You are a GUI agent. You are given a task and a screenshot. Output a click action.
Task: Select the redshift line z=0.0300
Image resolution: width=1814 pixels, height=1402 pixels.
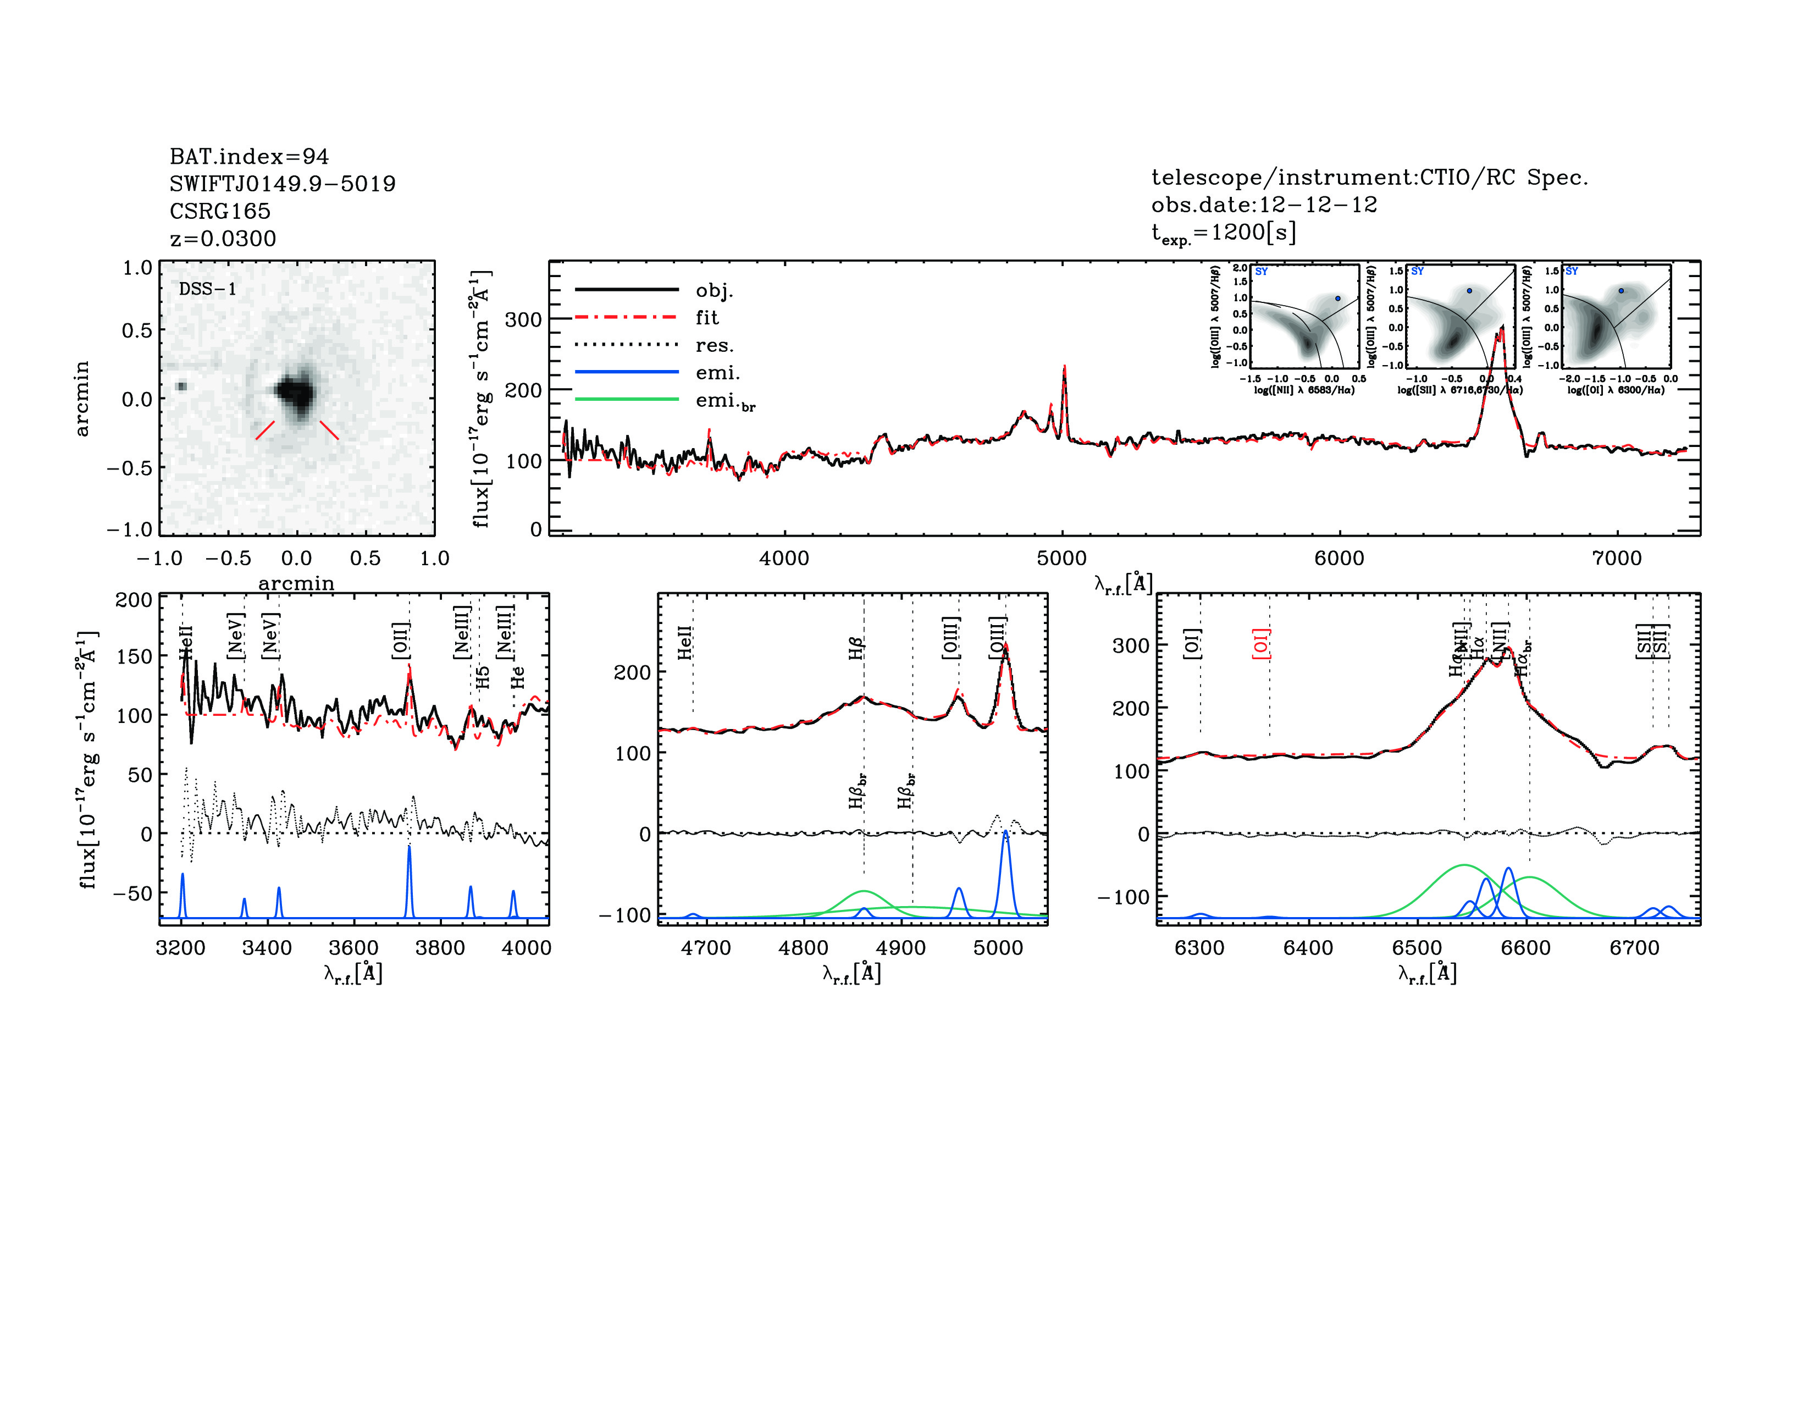pyautogui.click(x=223, y=239)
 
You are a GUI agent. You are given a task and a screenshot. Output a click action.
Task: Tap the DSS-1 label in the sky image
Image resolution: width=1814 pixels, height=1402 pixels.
pyautogui.click(x=208, y=289)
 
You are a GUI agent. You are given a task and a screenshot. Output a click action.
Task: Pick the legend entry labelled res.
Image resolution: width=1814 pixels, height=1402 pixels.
pyautogui.click(x=714, y=345)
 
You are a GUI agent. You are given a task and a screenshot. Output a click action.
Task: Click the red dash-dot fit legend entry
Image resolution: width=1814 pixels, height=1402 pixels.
pyautogui.click(x=707, y=317)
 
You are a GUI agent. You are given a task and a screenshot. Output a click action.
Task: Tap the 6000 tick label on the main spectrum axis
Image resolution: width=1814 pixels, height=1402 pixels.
pyautogui.click(x=1339, y=558)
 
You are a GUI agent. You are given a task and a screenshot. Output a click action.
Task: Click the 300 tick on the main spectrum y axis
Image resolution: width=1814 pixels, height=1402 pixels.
pyautogui.click(x=523, y=320)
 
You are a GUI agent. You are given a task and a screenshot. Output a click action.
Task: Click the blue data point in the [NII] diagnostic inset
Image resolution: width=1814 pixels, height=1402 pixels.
pyautogui.click(x=1337, y=298)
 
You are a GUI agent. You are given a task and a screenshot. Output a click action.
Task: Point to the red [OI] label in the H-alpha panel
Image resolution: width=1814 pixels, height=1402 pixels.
pyautogui.click(x=1261, y=644)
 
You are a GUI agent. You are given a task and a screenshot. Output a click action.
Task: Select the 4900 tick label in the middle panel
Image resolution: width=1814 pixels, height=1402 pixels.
pyautogui.click(x=900, y=948)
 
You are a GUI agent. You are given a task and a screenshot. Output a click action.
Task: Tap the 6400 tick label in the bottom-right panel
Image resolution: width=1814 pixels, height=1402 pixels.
pyautogui.click(x=1308, y=948)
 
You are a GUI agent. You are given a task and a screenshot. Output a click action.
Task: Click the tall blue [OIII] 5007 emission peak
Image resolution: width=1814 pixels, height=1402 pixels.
pyautogui.click(x=1005, y=832)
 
